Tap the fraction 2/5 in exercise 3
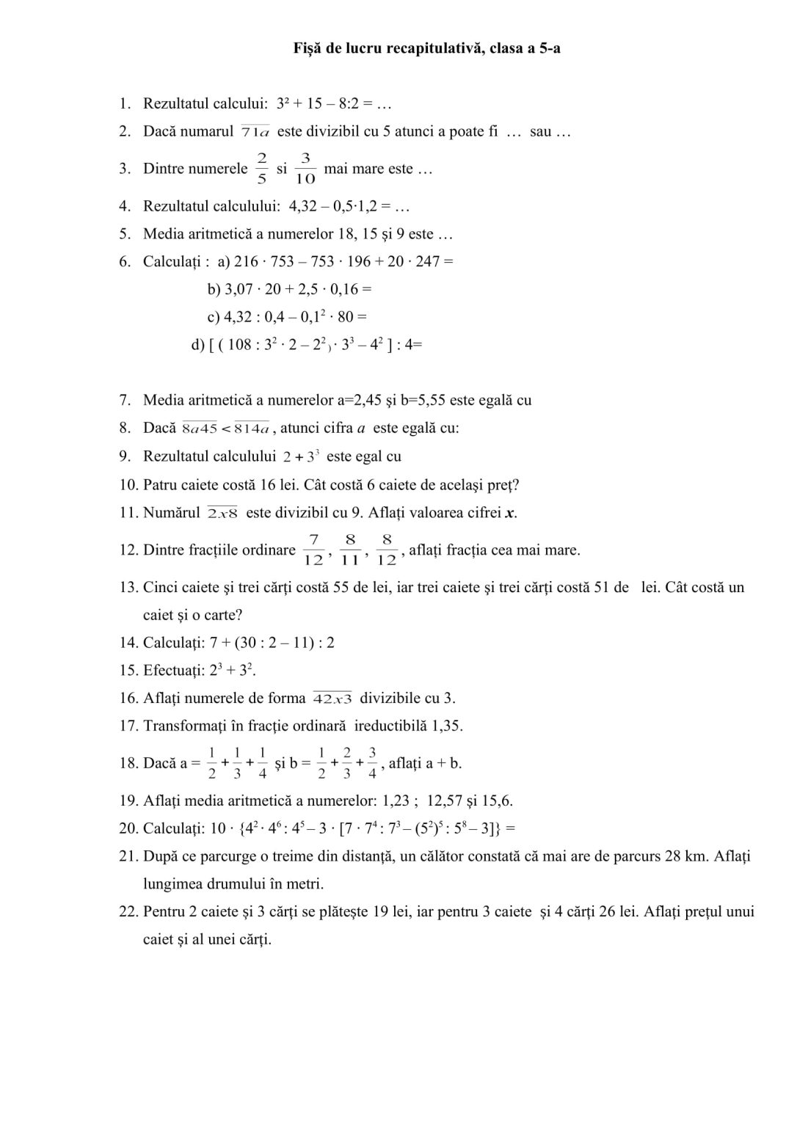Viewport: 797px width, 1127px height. tap(262, 169)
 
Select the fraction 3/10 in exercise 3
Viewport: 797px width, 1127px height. tap(305, 169)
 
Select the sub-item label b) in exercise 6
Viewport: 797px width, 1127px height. tap(214, 289)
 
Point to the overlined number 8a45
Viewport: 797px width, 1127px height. tap(200, 428)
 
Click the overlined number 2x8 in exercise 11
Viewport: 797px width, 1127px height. tap(223, 513)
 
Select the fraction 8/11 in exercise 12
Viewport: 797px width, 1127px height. tap(351, 550)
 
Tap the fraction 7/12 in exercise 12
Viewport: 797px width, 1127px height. tap(313, 550)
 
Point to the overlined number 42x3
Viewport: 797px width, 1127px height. tap(332, 699)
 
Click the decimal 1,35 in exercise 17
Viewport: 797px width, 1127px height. tap(447, 726)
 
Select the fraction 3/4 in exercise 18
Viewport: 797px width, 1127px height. tap(373, 763)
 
